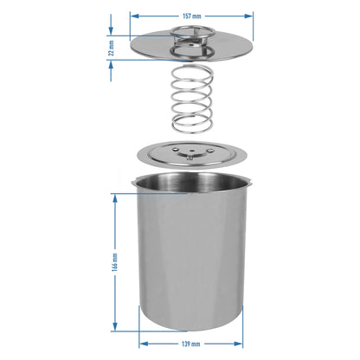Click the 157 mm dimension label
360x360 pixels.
tap(192, 16)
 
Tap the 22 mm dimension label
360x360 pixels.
tap(112, 48)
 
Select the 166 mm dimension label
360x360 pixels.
tap(115, 262)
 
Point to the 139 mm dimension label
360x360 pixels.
tap(190, 344)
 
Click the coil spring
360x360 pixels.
tap(192, 99)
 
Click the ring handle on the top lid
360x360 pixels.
tap(192, 32)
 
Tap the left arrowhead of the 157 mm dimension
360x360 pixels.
tap(135, 16)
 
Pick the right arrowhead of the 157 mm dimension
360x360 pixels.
tap(249, 16)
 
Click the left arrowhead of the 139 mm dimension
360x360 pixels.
tap(144, 344)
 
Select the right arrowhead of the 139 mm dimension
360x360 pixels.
tap(238, 344)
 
